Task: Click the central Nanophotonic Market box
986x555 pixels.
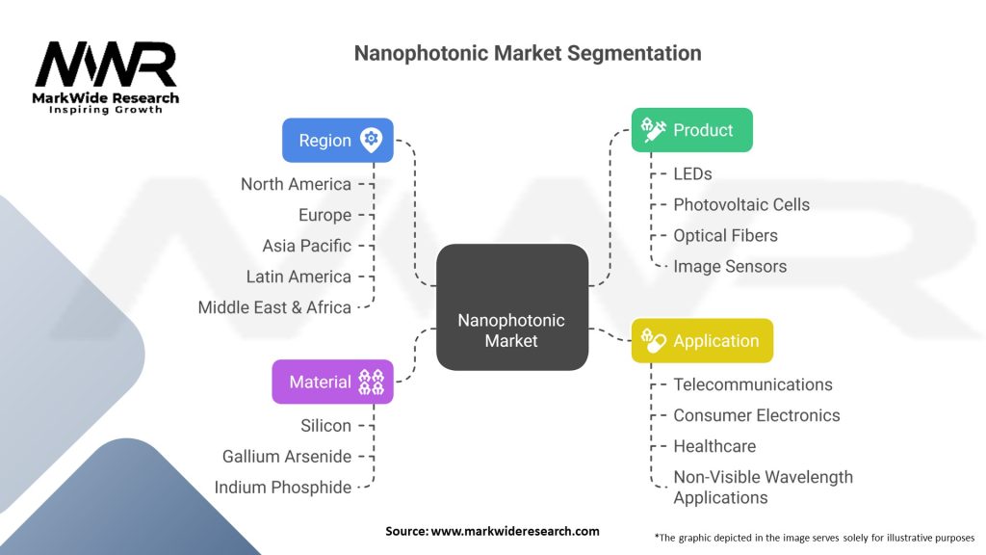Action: [511, 307]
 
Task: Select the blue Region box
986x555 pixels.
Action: [337, 140]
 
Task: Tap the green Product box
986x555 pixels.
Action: [691, 130]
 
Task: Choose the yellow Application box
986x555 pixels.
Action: [702, 341]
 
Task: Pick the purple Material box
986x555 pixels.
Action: [332, 382]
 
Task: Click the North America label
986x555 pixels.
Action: [296, 184]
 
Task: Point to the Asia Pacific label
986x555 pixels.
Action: [306, 246]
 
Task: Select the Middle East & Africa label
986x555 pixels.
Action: [274, 307]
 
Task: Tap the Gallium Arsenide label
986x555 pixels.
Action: [286, 457]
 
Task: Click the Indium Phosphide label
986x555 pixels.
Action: [282, 488]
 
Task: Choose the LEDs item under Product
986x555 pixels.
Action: [692, 173]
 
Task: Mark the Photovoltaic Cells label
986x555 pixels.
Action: [741, 204]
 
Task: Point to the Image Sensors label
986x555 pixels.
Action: [730, 266]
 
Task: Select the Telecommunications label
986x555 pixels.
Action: [753, 384]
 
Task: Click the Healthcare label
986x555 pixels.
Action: [714, 446]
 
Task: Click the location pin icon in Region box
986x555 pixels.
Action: [371, 140]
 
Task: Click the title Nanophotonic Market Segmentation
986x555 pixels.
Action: [528, 53]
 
